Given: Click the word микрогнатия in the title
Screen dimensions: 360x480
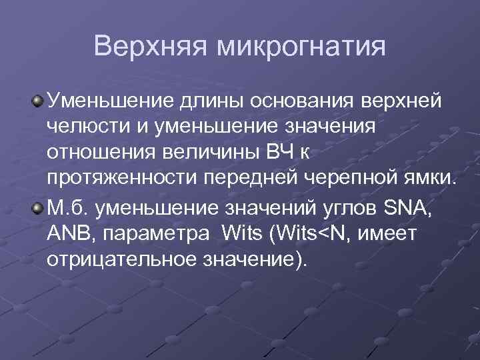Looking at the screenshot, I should pyautogui.click(x=301, y=47).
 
